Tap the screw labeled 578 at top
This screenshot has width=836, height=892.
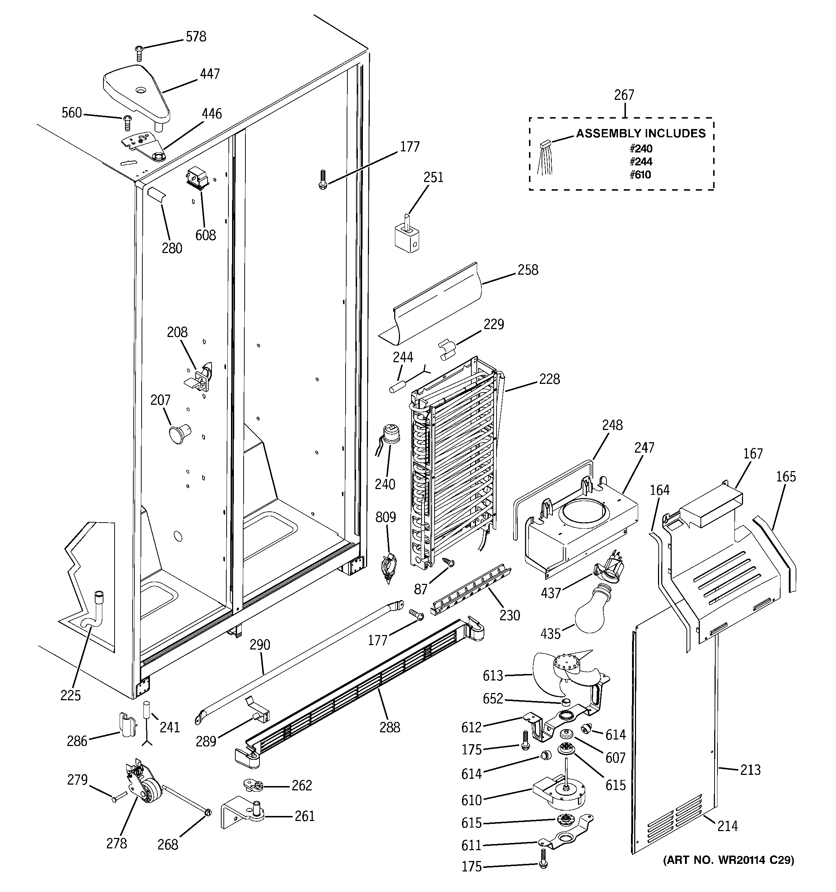[x=139, y=53]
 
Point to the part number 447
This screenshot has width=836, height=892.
[x=210, y=74]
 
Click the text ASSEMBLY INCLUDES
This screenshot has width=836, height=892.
[x=640, y=133]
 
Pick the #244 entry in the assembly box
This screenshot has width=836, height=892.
[x=640, y=161]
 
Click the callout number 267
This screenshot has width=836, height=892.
[x=624, y=95]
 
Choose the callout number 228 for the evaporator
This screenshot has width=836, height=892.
[x=549, y=379]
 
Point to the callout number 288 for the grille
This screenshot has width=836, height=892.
[x=389, y=727]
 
